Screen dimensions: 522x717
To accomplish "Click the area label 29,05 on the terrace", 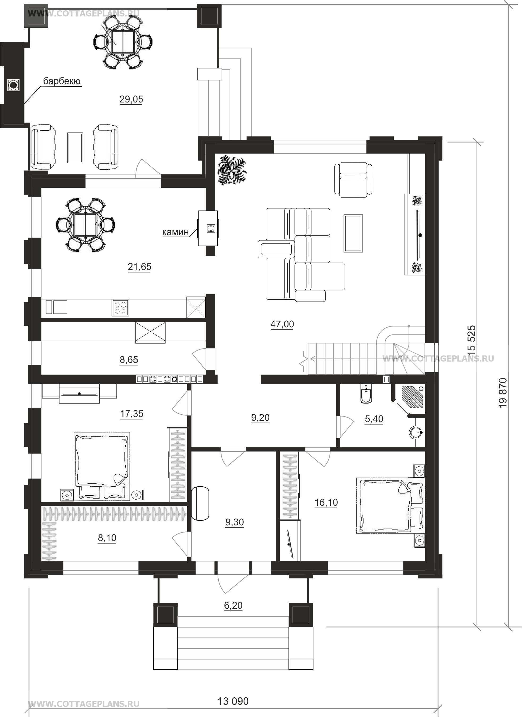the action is coord(131,99).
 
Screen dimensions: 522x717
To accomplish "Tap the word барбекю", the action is coord(62,81).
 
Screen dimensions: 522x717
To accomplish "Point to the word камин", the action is coord(176,232).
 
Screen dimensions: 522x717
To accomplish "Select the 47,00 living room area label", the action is coord(282,324).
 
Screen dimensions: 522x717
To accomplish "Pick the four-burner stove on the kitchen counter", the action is coord(120,308).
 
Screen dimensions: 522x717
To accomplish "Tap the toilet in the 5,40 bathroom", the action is coord(366,394).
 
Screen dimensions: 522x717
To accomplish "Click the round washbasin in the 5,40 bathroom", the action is coord(416,432).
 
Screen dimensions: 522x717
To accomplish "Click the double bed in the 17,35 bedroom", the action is coord(101,466).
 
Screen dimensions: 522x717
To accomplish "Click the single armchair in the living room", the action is coord(353,179).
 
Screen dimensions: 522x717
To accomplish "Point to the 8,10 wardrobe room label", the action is coord(107,538).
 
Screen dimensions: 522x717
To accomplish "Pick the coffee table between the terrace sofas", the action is coord(75,148).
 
